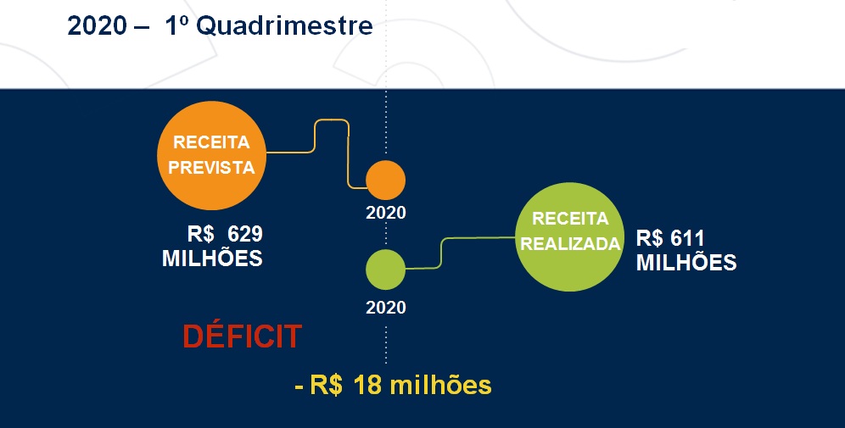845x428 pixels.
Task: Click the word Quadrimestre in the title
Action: click(x=284, y=25)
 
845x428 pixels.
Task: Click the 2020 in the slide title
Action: click(x=97, y=25)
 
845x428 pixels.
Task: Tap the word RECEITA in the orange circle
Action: click(x=211, y=142)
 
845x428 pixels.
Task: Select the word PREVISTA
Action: click(x=211, y=168)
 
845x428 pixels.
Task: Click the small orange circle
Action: click(x=385, y=180)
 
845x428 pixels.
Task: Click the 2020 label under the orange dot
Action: click(x=386, y=213)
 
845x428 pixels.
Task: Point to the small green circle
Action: click(x=385, y=270)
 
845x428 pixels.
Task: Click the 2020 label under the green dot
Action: click(x=386, y=308)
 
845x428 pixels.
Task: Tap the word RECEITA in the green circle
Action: click(x=570, y=218)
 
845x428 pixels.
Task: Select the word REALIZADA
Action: click(x=570, y=244)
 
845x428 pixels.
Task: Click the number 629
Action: click(x=245, y=234)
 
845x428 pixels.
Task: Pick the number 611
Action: click(x=688, y=238)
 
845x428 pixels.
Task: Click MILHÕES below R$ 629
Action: click(x=212, y=258)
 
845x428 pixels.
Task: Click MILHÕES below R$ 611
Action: click(x=686, y=262)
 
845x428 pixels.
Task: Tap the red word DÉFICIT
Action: click(x=243, y=336)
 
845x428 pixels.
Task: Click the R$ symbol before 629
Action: click(x=201, y=234)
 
